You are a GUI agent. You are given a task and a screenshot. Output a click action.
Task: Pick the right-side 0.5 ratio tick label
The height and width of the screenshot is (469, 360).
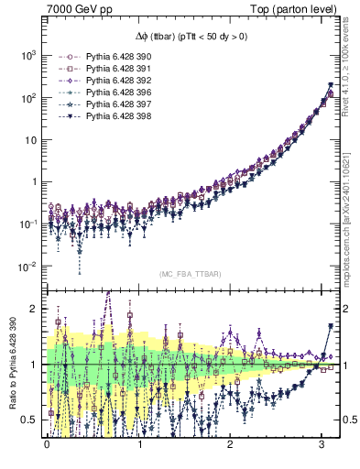(x=346, y=420)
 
